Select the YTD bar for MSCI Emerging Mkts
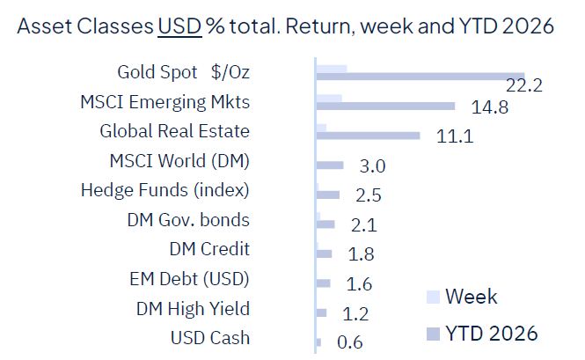[x=385, y=107]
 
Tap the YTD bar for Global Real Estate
[x=368, y=136]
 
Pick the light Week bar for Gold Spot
[x=331, y=68]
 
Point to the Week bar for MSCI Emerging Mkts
[x=328, y=97]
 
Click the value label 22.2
[x=524, y=85]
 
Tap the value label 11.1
[x=455, y=136]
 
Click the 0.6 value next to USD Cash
[x=350, y=342]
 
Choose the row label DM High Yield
[x=193, y=309]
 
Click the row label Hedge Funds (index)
[x=165, y=190]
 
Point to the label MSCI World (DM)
[x=179, y=161]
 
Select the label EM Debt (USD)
[x=189, y=280]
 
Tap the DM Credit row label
[x=209, y=250]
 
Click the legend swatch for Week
[x=431, y=297]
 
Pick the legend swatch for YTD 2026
[x=431, y=334]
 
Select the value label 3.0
[x=373, y=166]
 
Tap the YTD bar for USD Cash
[x=318, y=342]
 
